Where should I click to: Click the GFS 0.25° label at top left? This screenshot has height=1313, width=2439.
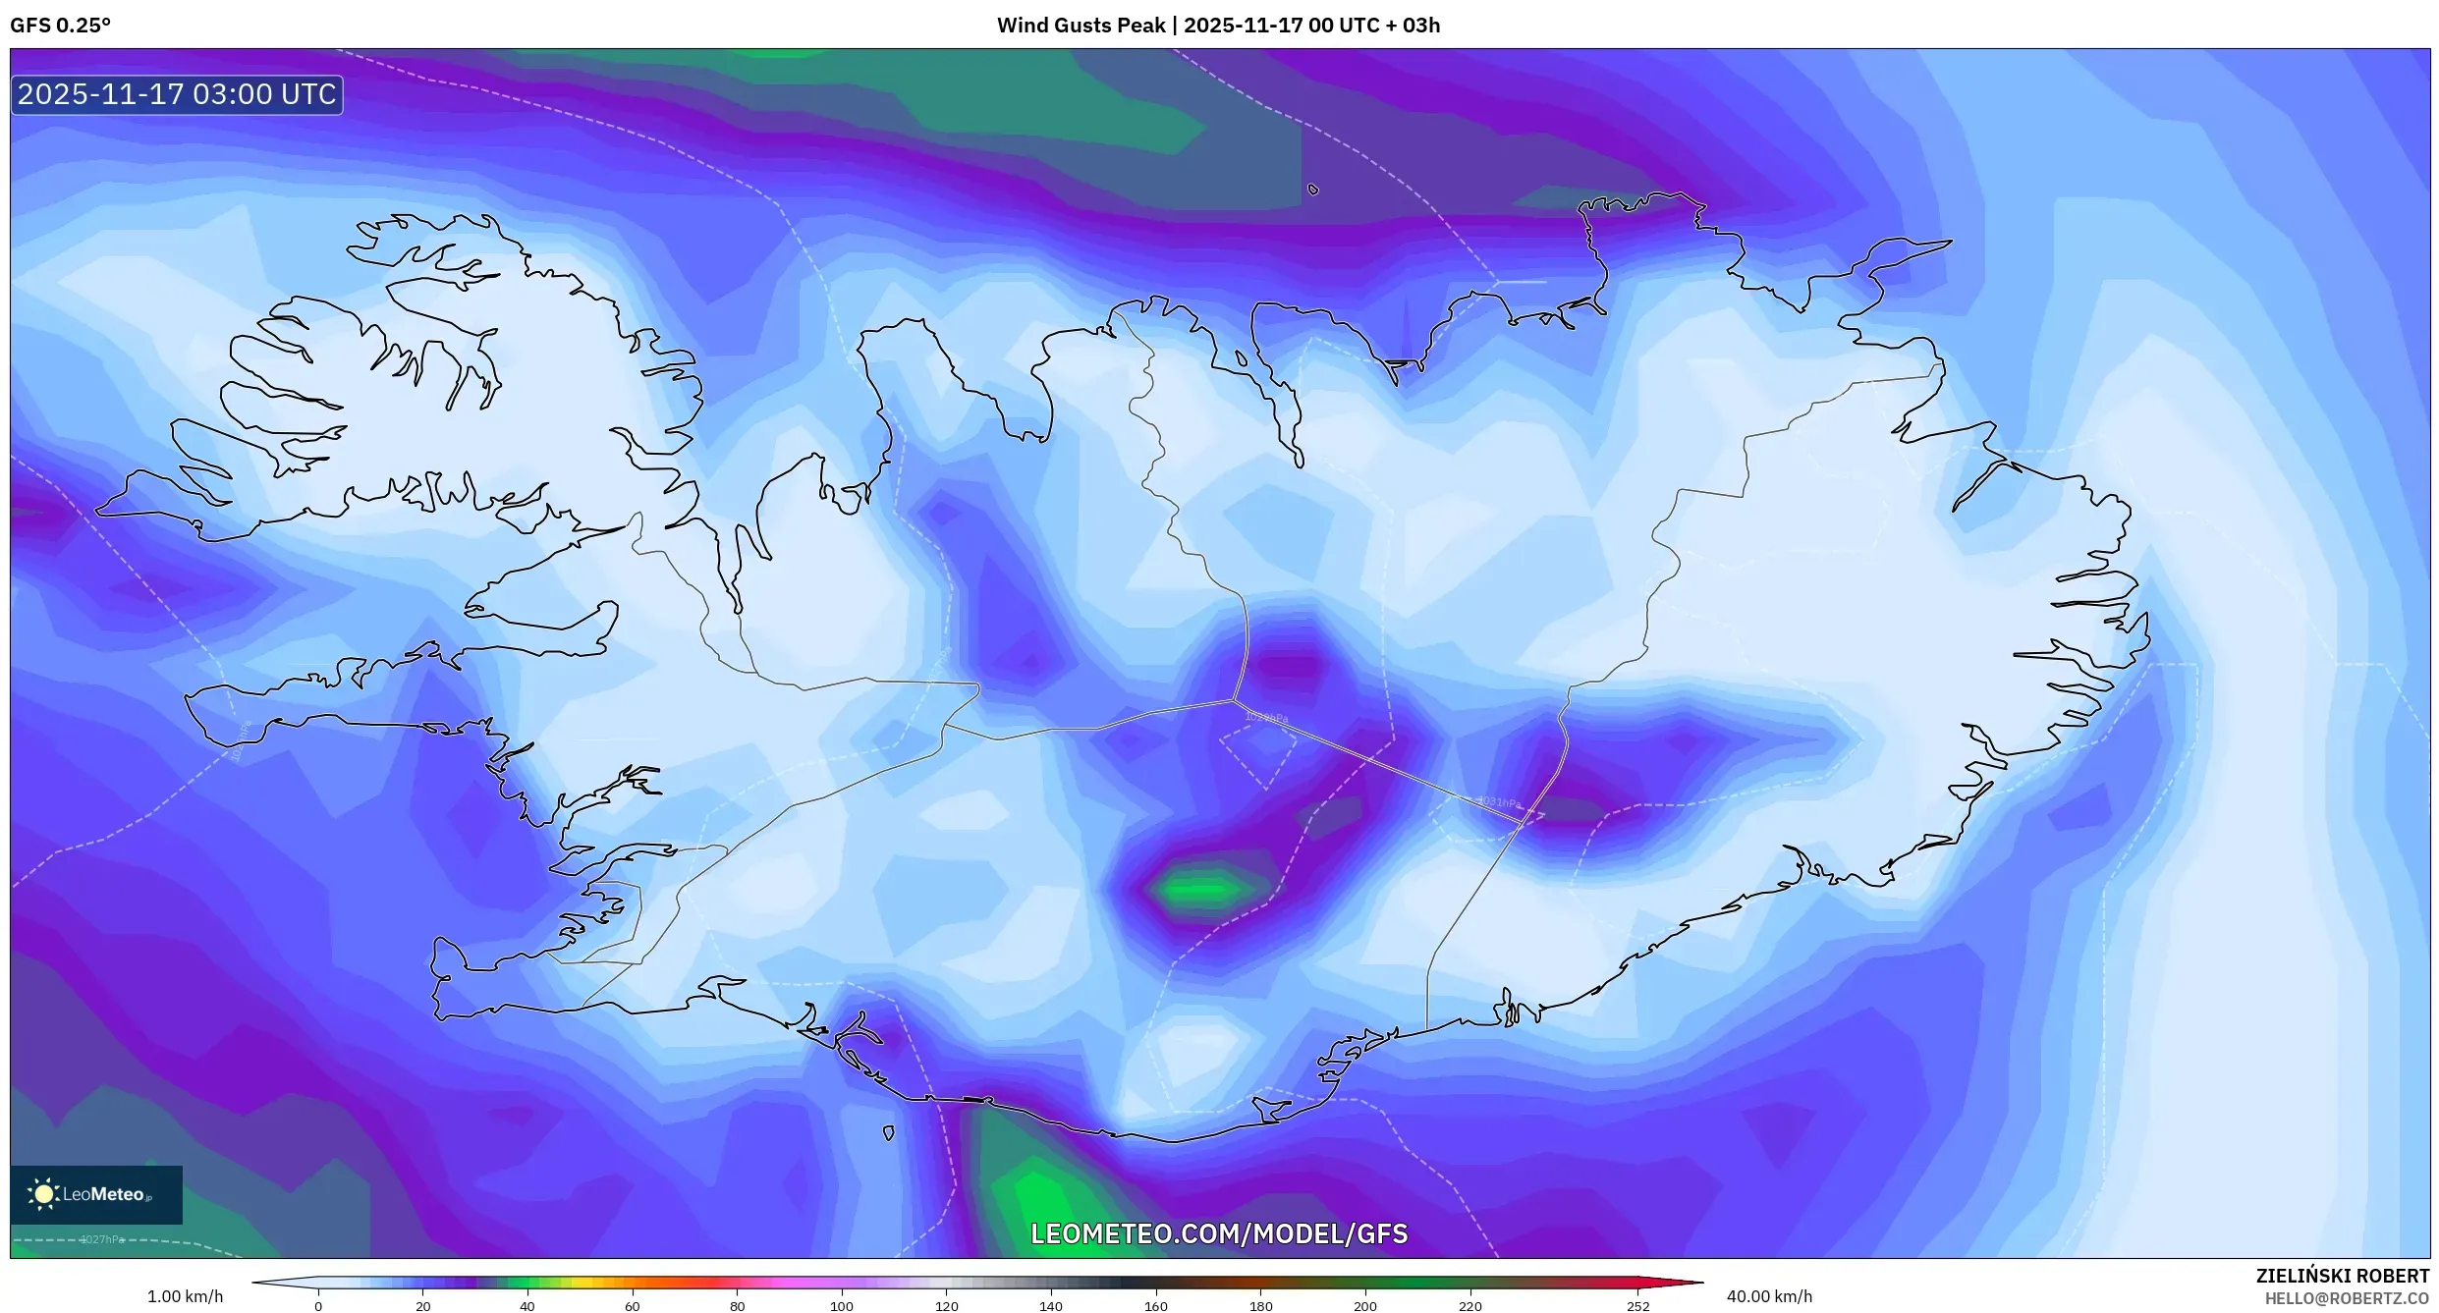61,26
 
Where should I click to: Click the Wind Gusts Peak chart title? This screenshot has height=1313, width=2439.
1218,26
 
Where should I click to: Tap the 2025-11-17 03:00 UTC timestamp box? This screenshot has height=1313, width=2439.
177,94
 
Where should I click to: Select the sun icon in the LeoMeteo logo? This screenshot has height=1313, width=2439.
43,1194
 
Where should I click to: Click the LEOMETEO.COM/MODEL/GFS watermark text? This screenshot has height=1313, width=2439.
1219,1234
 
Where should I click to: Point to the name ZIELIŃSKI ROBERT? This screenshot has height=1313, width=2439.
2342,1276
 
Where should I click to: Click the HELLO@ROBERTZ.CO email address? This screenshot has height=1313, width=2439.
2347,1299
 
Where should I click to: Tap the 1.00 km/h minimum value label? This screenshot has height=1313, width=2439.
185,1296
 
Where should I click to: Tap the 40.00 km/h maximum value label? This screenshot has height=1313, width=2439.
1769,1296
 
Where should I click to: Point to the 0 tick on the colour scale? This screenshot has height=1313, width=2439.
318,1306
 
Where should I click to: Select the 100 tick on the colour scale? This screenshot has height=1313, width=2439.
842,1306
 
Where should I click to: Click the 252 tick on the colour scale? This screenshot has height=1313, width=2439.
1637,1306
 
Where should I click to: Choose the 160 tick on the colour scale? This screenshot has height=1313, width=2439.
1156,1306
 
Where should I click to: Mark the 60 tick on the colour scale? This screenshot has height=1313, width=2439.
633,1306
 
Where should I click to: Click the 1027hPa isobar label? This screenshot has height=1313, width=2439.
102,1239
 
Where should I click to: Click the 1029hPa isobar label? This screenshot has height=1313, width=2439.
1266,717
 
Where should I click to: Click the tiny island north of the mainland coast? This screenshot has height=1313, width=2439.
1313,190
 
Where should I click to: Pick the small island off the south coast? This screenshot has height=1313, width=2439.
889,1133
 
